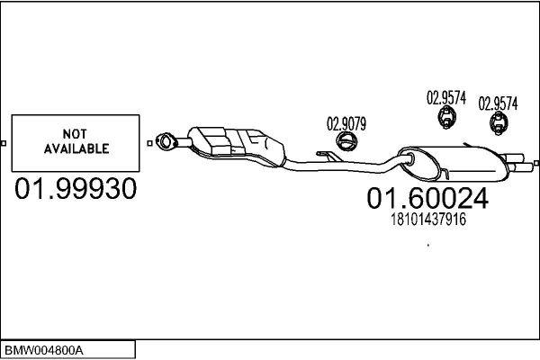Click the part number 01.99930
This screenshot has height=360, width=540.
[76, 188]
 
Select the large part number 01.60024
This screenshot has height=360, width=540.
[427, 198]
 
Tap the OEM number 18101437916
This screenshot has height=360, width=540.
[428, 220]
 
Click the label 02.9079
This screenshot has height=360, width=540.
[346, 123]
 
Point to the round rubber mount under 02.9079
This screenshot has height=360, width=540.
[346, 141]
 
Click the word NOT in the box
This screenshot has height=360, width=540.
[75, 134]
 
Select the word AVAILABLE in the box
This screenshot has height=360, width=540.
[76, 148]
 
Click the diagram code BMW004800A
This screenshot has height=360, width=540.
[44, 351]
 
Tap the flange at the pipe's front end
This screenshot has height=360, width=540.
[166, 141]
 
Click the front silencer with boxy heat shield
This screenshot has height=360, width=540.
[237, 147]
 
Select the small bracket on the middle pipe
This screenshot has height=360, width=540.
[328, 156]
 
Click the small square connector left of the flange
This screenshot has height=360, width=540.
[149, 143]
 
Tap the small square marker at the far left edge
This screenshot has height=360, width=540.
[4, 143]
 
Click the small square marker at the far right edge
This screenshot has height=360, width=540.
[536, 163]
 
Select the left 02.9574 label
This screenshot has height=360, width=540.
[446, 97]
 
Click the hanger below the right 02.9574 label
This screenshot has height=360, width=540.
[499, 122]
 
